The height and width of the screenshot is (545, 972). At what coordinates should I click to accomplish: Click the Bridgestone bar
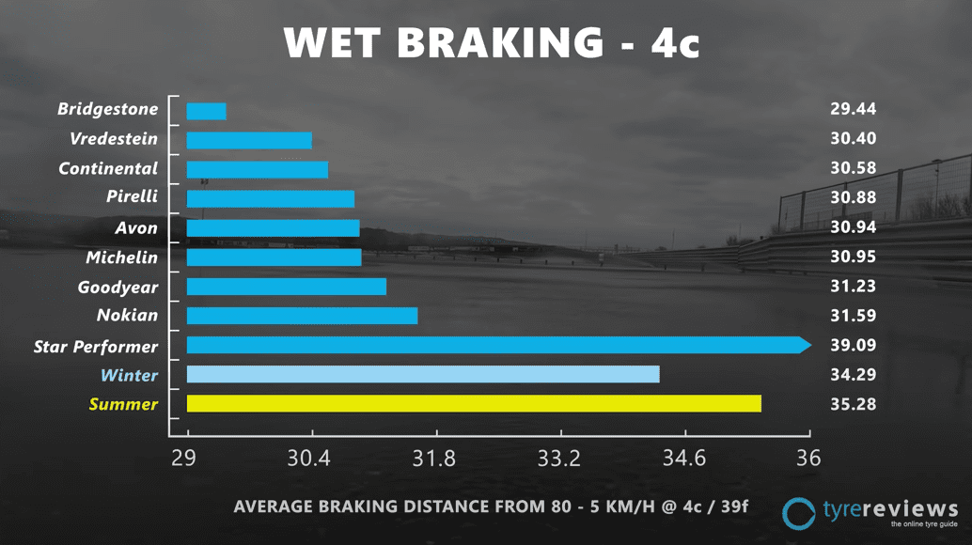coord(206,111)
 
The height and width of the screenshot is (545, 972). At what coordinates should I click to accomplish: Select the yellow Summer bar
coord(474,404)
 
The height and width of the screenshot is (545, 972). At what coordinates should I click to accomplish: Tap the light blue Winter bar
coord(423,375)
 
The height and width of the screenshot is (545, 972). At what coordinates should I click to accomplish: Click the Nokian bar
coord(302,316)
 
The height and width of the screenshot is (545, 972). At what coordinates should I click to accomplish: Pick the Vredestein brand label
coord(114,139)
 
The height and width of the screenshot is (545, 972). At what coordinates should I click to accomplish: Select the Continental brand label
coord(108,169)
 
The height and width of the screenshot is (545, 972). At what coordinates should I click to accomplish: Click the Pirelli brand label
coord(132,198)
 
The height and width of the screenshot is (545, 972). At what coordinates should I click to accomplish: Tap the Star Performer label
coord(96,346)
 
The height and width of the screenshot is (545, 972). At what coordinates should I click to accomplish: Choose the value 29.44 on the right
coord(853,110)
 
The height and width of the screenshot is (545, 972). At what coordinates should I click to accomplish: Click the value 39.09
coord(853,346)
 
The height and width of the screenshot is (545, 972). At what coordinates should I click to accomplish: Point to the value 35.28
coord(853,405)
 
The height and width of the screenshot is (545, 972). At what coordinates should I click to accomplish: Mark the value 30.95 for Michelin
coord(853,257)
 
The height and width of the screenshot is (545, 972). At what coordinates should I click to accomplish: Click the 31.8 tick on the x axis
coord(434,459)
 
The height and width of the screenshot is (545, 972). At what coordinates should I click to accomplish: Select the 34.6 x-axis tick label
coord(683,459)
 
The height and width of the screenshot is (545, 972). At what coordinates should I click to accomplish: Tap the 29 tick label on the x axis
coord(183,459)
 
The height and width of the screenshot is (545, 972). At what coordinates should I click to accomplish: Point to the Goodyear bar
coord(287,287)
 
